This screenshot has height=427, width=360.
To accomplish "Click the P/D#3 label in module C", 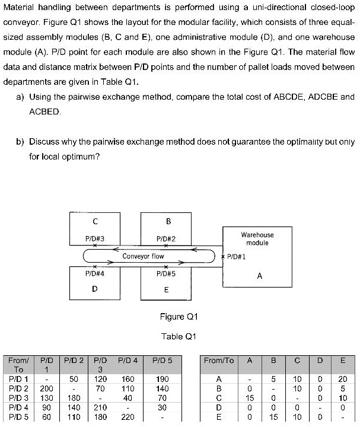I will (x=95, y=238).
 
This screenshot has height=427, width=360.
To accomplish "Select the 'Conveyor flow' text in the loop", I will (x=143, y=256).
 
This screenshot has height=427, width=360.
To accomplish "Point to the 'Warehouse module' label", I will (x=257, y=239).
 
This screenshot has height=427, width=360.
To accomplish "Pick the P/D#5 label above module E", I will (x=166, y=274).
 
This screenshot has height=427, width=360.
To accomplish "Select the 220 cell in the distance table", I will (x=128, y=417).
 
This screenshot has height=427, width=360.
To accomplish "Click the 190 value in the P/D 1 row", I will (x=162, y=378).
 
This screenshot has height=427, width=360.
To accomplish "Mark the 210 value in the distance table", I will (x=100, y=407).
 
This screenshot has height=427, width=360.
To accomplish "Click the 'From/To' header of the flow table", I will (x=218, y=360).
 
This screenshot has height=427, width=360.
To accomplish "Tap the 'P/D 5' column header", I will (x=162, y=359).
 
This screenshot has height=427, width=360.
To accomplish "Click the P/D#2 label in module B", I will (x=166, y=238).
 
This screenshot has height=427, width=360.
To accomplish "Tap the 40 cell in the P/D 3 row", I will (x=128, y=398).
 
